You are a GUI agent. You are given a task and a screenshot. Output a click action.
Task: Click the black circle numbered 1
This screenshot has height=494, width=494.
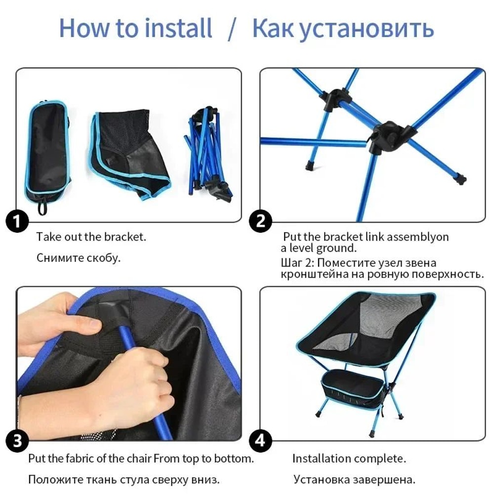click(x=17, y=222)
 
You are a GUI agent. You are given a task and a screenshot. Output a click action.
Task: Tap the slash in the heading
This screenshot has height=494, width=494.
click(x=233, y=29)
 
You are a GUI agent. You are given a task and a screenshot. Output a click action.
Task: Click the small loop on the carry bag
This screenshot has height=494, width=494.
click(x=42, y=206)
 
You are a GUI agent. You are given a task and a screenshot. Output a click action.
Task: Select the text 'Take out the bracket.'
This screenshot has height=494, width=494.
click(x=91, y=237)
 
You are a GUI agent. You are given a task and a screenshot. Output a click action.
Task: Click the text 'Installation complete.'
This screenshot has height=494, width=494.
click(x=349, y=458)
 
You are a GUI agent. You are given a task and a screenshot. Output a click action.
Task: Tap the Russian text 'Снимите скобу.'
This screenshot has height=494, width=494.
click(x=78, y=258)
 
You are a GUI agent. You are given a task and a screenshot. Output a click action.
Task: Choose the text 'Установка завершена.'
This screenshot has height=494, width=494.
click(x=354, y=479)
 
